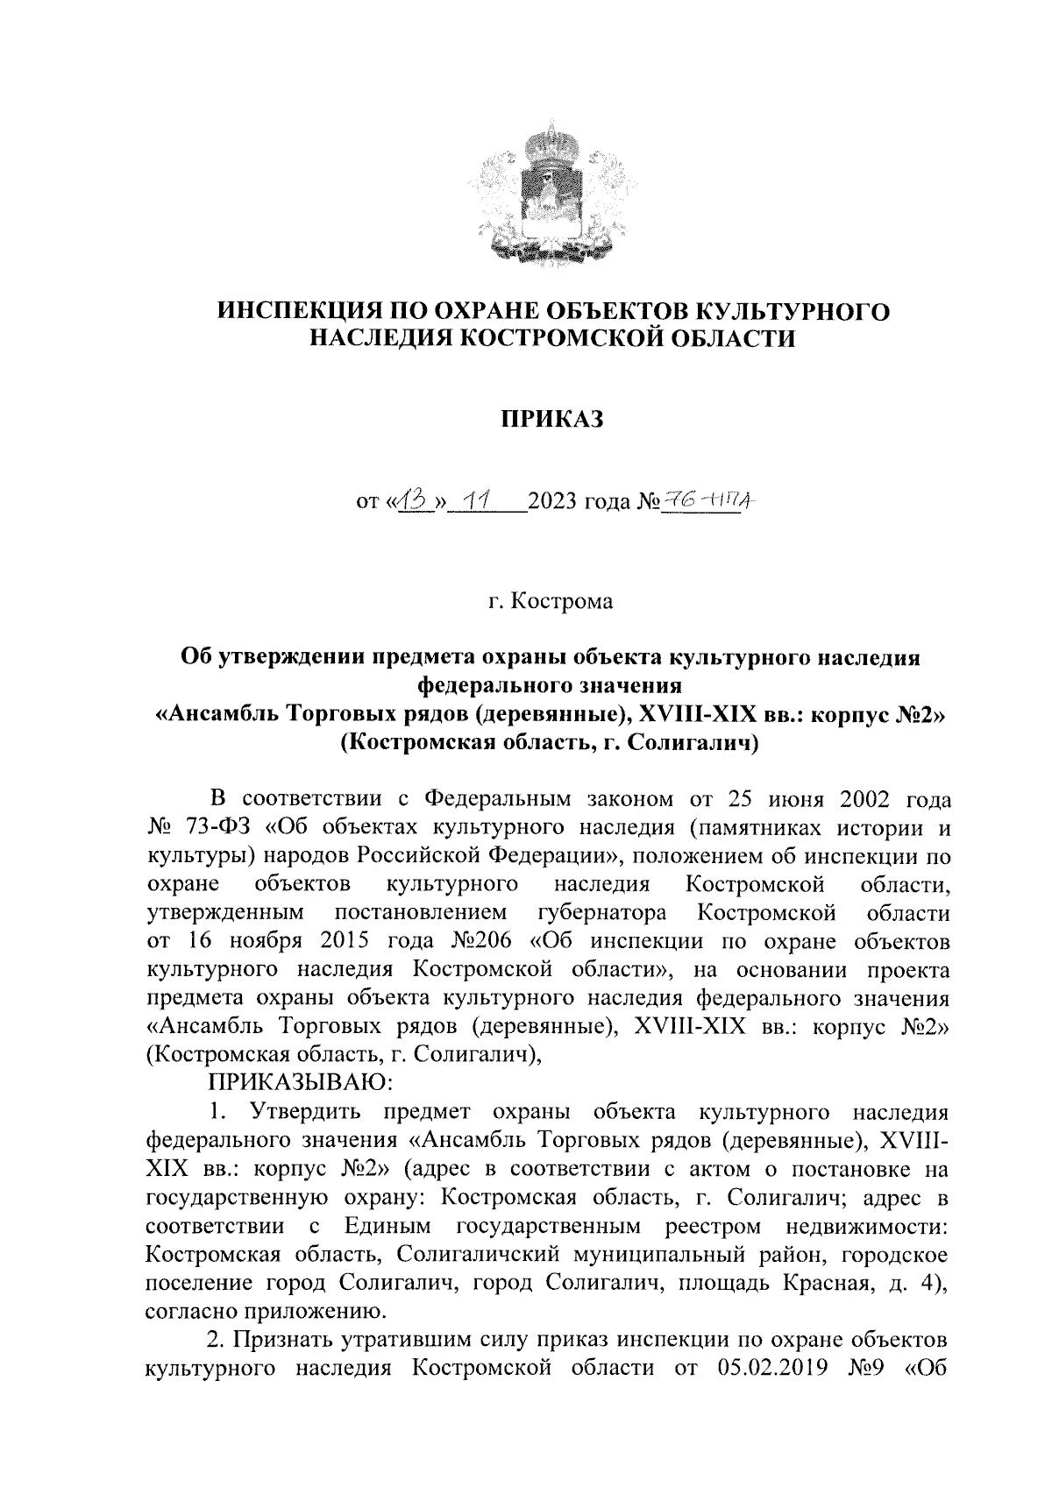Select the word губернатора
[601, 912]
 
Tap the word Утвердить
[302, 1112]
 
